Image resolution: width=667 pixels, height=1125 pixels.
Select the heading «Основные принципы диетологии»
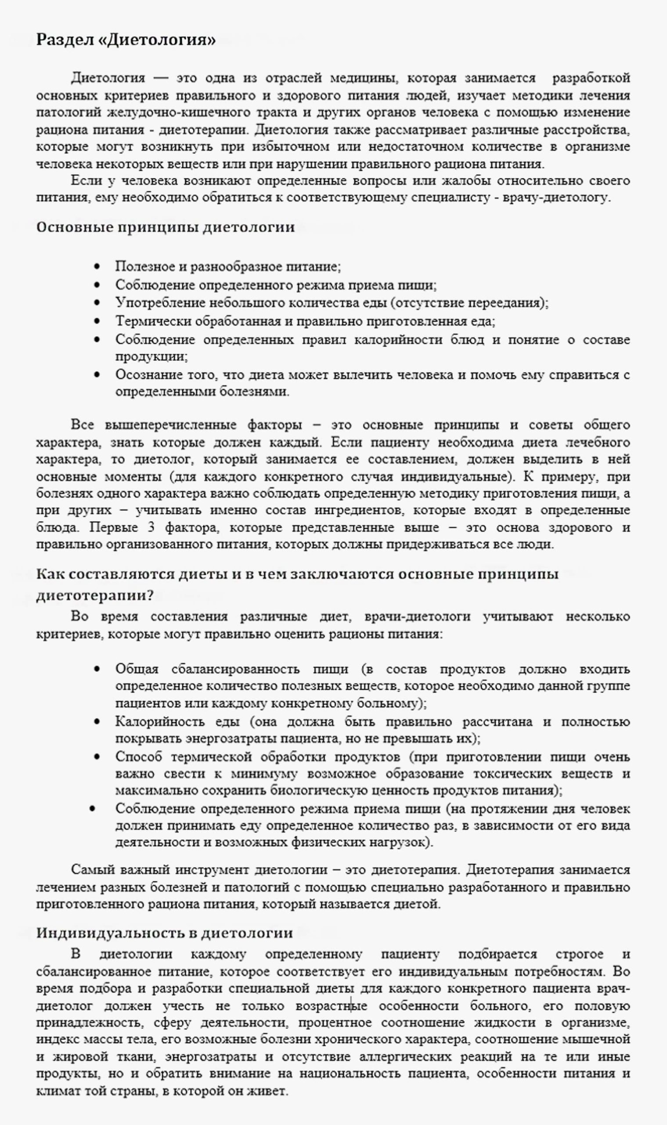point(166,227)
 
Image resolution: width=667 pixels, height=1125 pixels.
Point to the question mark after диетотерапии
point(150,595)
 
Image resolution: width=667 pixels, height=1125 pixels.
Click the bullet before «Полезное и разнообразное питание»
point(97,267)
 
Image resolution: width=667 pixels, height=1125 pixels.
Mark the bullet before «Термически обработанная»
point(97,321)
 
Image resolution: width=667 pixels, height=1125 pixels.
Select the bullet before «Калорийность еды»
point(97,722)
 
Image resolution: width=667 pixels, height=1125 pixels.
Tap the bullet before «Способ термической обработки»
point(97,757)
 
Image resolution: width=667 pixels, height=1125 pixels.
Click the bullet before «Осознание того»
point(97,375)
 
